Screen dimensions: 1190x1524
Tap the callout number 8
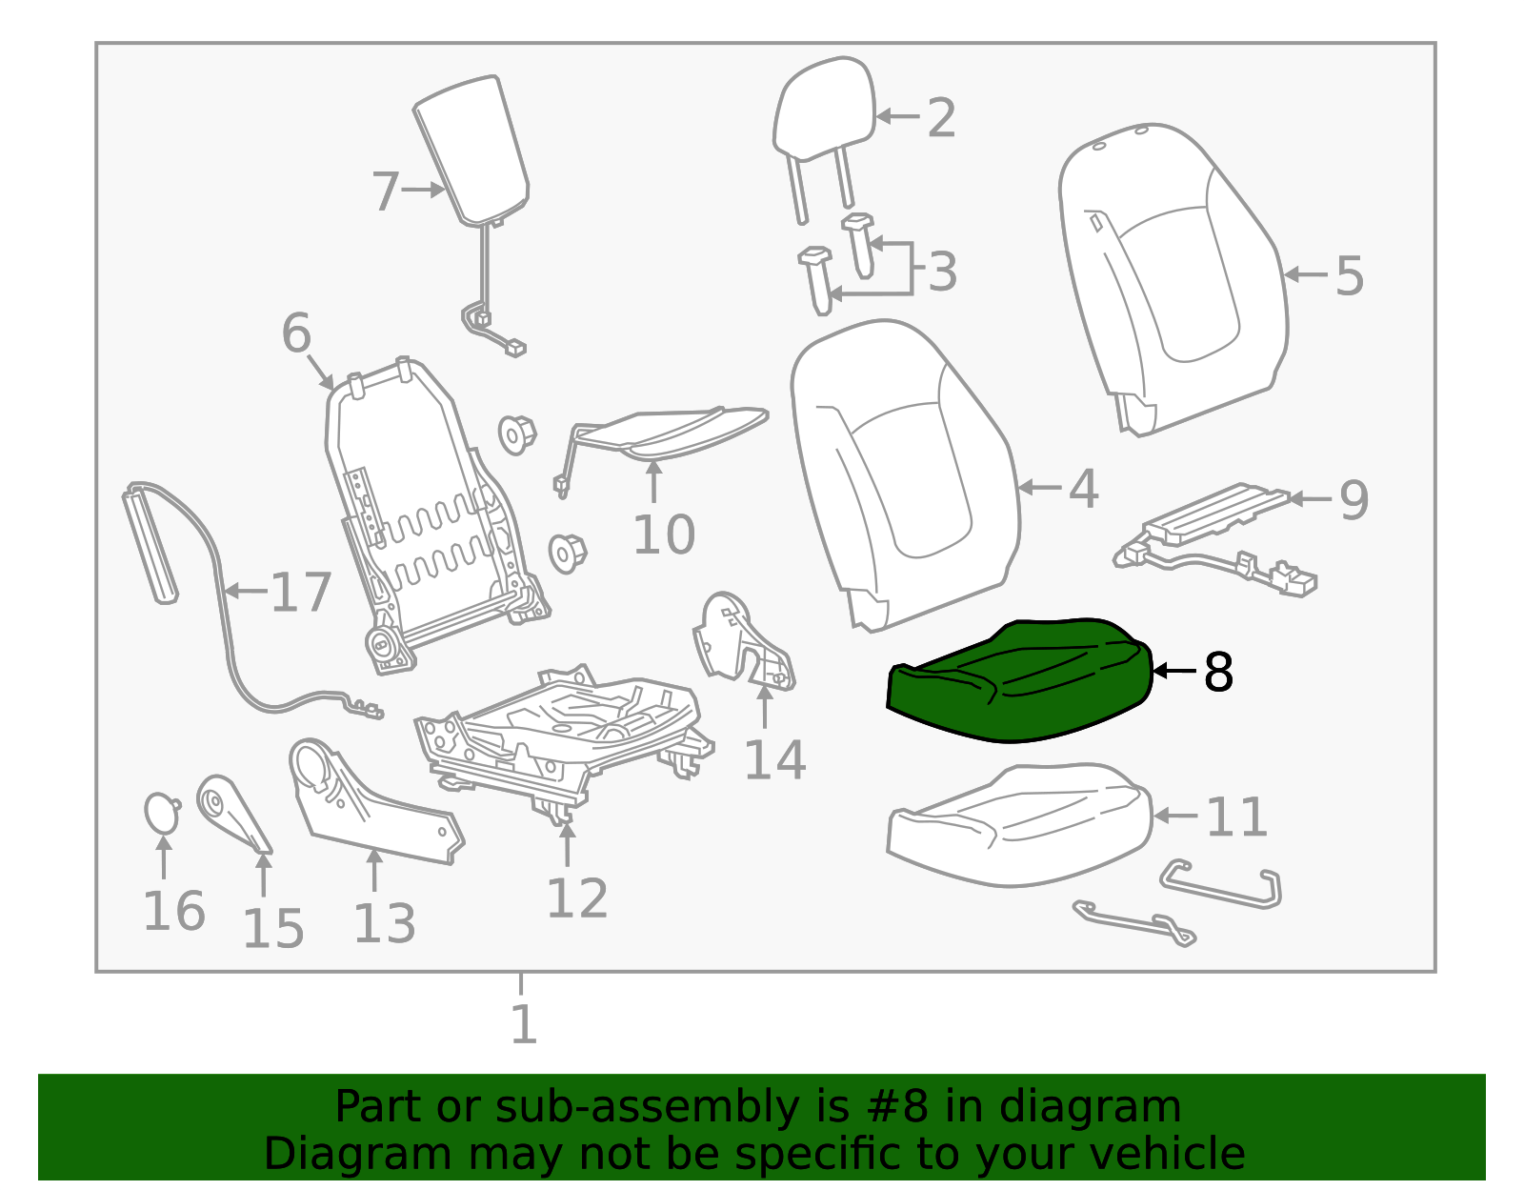coord(1218,673)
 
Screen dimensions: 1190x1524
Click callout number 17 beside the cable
coord(301,593)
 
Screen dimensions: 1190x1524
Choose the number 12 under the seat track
coord(576,898)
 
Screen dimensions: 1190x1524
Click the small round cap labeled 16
coord(161,813)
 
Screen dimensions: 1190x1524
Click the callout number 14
coord(774,760)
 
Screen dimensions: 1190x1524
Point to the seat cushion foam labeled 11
coord(1019,824)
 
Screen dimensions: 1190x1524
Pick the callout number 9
coord(1354,499)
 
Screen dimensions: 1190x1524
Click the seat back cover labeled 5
coord(1172,276)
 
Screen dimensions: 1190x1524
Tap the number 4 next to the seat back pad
coord(1083,488)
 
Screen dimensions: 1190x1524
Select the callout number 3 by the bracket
coord(941,272)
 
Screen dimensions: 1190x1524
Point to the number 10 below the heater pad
coord(664,534)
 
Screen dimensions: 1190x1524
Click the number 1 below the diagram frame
coord(523,1025)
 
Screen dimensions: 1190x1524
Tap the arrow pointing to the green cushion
coord(1174,672)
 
